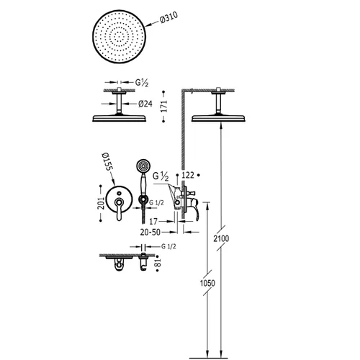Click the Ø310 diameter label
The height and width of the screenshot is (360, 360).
[168, 17]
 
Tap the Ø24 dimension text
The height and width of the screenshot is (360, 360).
[145, 104]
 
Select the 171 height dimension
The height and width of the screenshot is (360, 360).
[163, 107]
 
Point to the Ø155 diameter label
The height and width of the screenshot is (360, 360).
[107, 161]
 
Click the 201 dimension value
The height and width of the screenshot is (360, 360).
[101, 203]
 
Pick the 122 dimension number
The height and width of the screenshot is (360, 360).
[188, 175]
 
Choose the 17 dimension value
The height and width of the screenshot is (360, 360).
[153, 221]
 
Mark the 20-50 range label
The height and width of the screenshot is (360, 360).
[150, 232]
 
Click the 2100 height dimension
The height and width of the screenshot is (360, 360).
[221, 238]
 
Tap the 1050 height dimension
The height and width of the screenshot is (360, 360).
[207, 283]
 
